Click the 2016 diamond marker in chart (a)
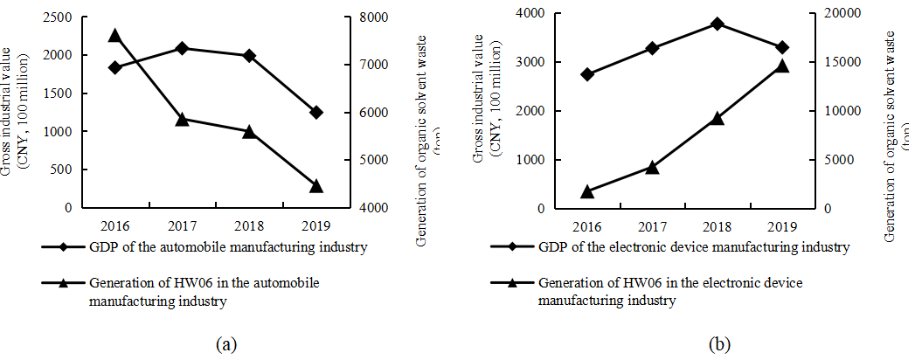pos(114,67)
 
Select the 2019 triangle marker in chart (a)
pos(316,185)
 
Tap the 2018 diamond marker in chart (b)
pos(716,24)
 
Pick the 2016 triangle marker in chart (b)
pos(586,191)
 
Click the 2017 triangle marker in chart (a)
pos(182,119)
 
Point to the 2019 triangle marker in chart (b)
pos(782,66)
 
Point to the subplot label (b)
pos(719,343)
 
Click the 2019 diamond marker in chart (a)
pos(316,112)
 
